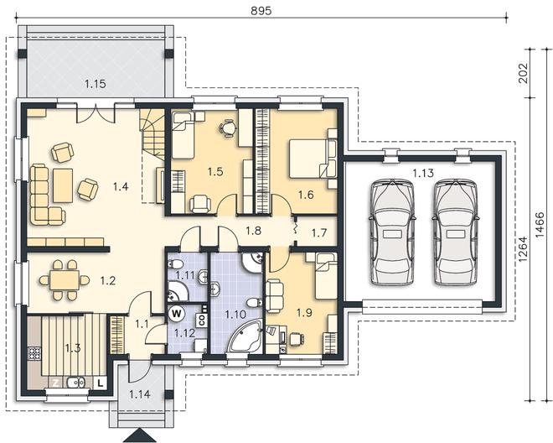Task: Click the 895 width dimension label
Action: [261, 11]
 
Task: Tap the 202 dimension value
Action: [524, 73]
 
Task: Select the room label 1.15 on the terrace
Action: [96, 84]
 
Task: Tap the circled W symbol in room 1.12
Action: [178, 313]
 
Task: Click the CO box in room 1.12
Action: [202, 320]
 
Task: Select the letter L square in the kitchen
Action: [101, 383]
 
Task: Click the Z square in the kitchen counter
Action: [55, 383]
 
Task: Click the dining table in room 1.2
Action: [65, 280]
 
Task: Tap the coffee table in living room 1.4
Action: [63, 185]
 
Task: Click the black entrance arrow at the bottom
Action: [140, 435]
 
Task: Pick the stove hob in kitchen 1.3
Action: [34, 353]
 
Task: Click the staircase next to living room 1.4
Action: [153, 134]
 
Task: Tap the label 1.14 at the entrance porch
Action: [140, 393]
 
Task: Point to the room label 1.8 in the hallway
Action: [253, 231]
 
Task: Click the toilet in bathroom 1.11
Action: [176, 264]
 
